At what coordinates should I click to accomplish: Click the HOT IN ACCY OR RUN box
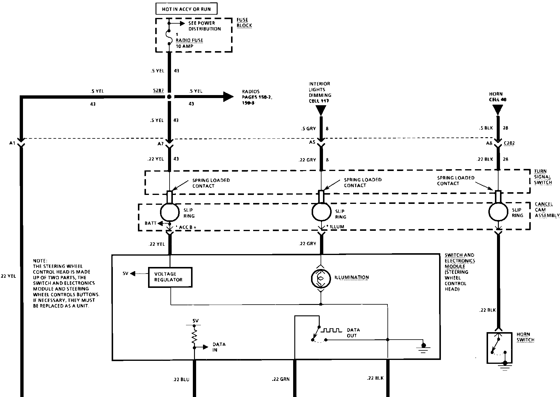pos(186,9)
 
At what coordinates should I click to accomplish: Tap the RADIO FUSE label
pos(189,40)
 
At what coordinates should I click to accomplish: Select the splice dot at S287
pos(169,97)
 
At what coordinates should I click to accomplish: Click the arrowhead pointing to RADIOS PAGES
pos(228,97)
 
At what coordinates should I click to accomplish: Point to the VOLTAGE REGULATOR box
pos(170,277)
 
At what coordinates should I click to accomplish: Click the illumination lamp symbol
pos(321,278)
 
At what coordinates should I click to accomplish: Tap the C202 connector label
pos(509,143)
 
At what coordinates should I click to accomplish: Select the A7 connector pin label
pos(161,144)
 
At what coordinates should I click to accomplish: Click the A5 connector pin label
pos(312,142)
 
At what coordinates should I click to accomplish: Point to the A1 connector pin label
pos(12,143)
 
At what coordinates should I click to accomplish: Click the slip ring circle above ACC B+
pos(170,212)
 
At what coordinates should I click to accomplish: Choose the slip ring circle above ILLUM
pos(321,212)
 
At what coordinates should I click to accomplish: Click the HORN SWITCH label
pos(525,337)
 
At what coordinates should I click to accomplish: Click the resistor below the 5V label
pos(195,336)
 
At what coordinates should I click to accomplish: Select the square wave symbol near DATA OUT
pos(331,330)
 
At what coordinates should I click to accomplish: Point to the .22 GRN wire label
pos(281,379)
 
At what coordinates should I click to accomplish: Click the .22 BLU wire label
pos(181,380)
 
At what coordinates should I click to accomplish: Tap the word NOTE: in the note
pos(40,261)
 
